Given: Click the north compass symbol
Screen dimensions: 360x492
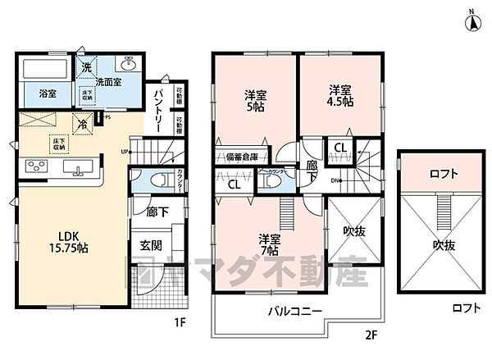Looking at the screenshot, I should pyautogui.click(x=473, y=20).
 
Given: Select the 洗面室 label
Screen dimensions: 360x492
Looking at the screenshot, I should pyautogui.click(x=108, y=81).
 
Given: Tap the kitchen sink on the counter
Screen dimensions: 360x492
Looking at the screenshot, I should pyautogui.click(x=80, y=171).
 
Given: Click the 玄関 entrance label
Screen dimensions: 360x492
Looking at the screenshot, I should pyautogui.click(x=149, y=245).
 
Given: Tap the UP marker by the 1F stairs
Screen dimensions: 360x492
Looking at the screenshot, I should pyautogui.click(x=124, y=152).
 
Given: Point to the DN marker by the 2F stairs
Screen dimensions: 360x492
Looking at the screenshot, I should pyautogui.click(x=336, y=180).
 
